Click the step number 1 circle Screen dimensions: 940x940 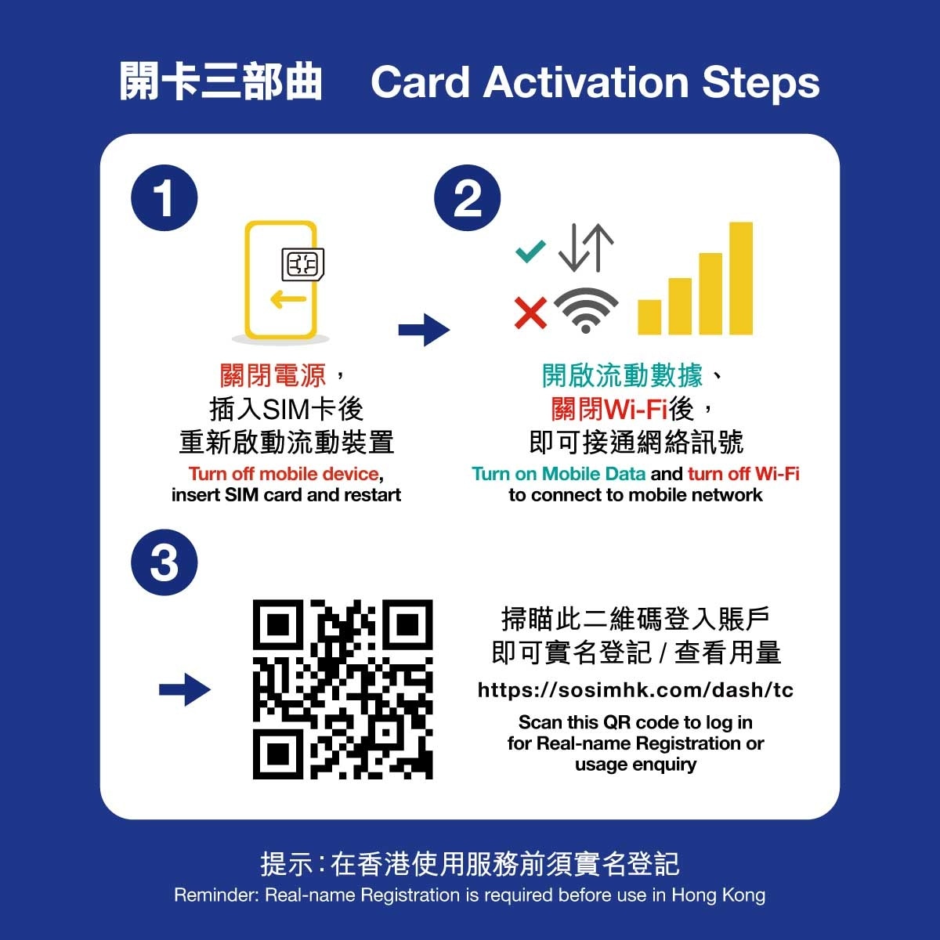click(164, 198)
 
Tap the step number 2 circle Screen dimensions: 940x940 click(468, 198)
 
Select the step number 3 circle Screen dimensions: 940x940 click(164, 562)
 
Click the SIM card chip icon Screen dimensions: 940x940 click(303, 265)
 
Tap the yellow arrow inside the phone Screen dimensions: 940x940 click(288, 299)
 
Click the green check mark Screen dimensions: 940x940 click(531, 251)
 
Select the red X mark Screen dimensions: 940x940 click(531, 313)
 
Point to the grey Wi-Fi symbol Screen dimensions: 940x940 click(586, 310)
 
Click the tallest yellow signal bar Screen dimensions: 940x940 click(741, 278)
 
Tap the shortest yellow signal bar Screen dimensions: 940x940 click(649, 317)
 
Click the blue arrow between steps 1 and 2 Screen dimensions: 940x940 click(424, 331)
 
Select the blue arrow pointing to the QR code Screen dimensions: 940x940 click(185, 690)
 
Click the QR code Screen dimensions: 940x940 click(342, 689)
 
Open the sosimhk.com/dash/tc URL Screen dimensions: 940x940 click(635, 690)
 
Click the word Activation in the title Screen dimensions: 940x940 click(586, 82)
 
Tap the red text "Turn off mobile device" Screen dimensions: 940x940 click(284, 474)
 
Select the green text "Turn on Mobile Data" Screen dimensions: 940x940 click(559, 474)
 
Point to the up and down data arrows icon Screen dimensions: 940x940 click(586, 248)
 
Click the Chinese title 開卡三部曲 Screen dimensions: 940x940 click(220, 81)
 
